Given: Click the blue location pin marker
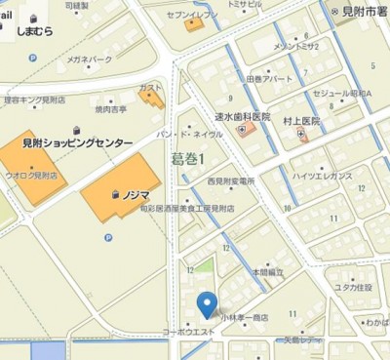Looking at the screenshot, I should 207,304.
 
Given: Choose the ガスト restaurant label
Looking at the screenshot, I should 151,88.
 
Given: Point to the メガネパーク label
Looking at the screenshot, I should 90,60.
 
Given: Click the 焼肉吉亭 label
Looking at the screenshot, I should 110,110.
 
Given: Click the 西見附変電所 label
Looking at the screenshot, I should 230,181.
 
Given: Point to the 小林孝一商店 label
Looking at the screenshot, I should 243,318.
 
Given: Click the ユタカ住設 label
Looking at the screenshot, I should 354,287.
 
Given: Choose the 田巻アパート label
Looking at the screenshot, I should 268,78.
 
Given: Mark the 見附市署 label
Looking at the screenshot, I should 366,11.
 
